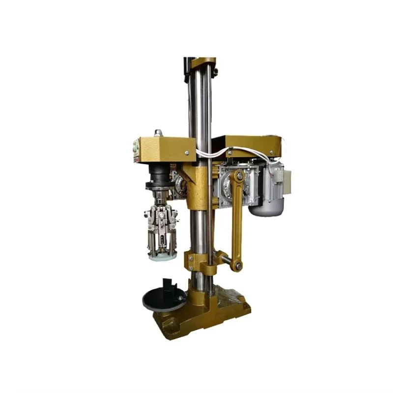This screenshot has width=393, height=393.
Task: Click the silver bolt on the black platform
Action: click(x=180, y=297)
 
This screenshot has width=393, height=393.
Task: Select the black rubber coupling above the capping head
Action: click(x=158, y=175)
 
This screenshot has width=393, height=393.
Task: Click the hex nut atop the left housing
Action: click(x=158, y=133)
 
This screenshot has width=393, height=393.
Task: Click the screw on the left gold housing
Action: click(x=187, y=153)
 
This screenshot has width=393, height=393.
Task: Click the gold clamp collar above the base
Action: click(x=196, y=260)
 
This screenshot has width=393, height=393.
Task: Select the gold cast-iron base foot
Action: click(x=206, y=314)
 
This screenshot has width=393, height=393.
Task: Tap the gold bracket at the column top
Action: click(x=202, y=62)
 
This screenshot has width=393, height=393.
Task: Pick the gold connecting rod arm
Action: click(x=237, y=221)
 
